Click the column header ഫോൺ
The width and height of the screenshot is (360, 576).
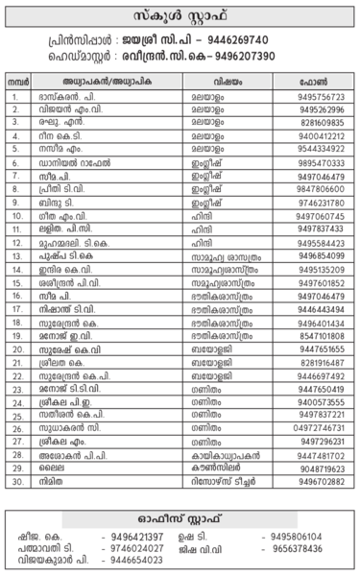pyautogui.click(x=320, y=84)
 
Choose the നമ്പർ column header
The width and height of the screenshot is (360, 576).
pyautogui.click(x=17, y=84)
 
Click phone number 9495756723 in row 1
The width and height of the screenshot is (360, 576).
pyautogui.click(x=321, y=98)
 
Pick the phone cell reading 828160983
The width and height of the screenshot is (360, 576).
pyautogui.click(x=321, y=124)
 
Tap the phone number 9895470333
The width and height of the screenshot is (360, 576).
pyautogui.click(x=321, y=164)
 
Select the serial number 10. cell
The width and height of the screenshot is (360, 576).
pyautogui.click(x=17, y=217)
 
